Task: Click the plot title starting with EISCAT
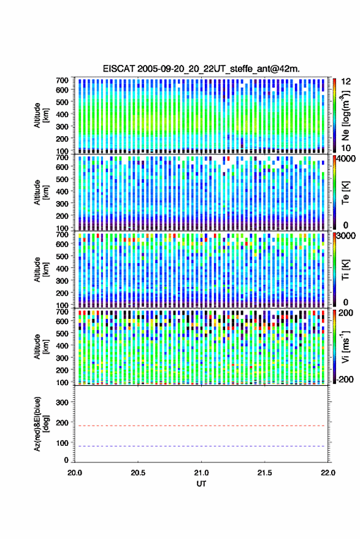click(201, 69)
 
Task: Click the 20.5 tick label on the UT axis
click(138, 473)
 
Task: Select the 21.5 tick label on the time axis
click(264, 473)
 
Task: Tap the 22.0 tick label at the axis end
click(327, 473)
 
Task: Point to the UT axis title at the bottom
click(201, 484)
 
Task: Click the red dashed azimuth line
click(202, 426)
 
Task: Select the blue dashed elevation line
click(202, 446)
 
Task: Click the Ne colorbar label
click(345, 115)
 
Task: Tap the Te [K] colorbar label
click(345, 193)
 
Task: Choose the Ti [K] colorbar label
click(345, 270)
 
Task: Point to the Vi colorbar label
click(345, 346)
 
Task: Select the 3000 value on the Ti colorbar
click(346, 235)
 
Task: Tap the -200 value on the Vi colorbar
click(345, 380)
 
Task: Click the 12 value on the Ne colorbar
click(346, 82)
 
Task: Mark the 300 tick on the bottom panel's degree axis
click(62, 402)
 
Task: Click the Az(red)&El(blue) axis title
click(41, 424)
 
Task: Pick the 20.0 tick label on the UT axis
click(75, 473)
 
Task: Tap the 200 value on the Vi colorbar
click(345, 313)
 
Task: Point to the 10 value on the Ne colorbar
click(346, 148)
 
